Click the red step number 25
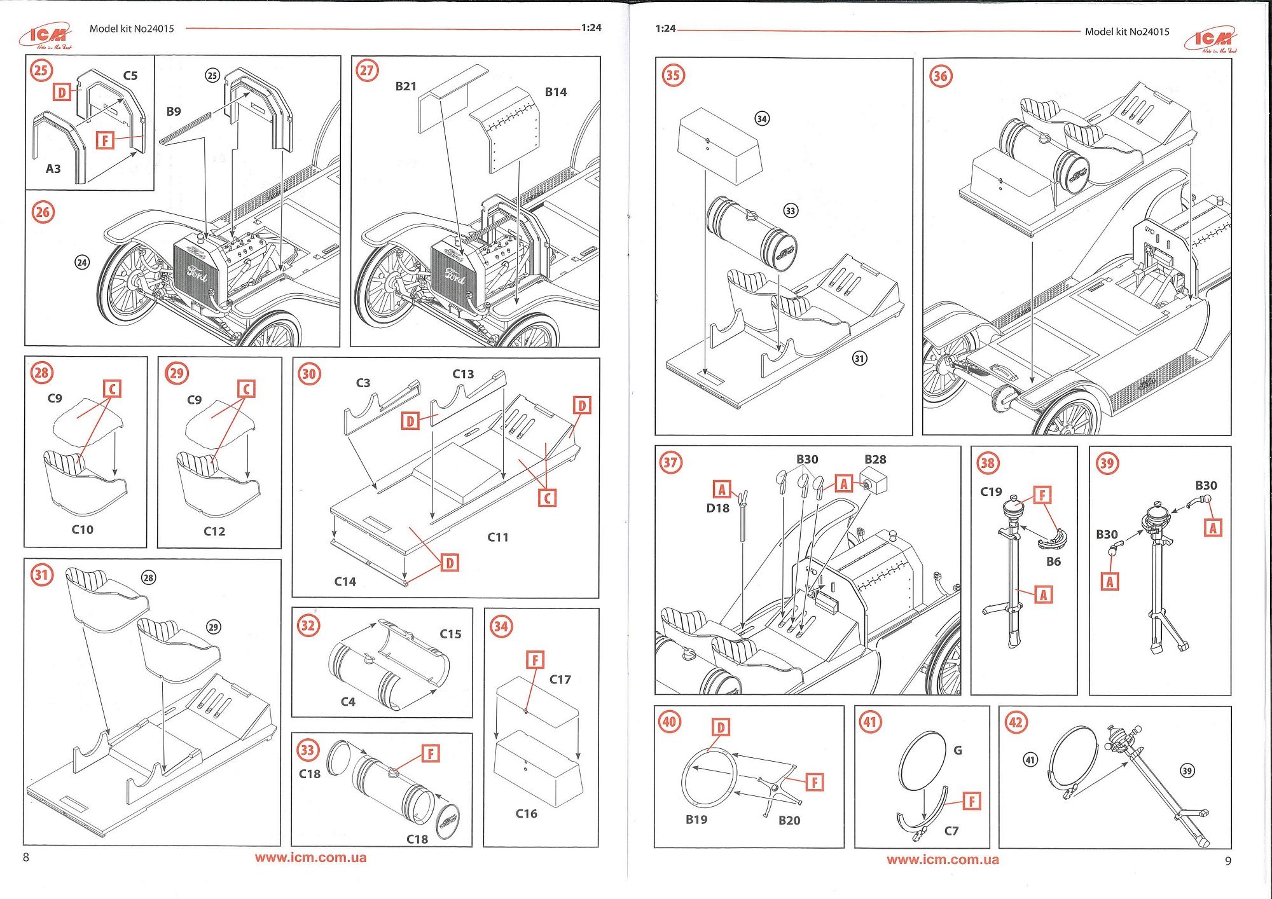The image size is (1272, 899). pyautogui.click(x=41, y=70)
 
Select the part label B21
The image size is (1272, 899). pyautogui.click(x=406, y=86)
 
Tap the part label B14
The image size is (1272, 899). pyautogui.click(x=556, y=92)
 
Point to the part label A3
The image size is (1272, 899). pyautogui.click(x=53, y=168)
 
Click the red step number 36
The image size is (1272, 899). pyautogui.click(x=940, y=76)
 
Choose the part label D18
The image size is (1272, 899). pyautogui.click(x=718, y=508)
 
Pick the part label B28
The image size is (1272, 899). pyautogui.click(x=875, y=459)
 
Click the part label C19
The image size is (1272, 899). pyautogui.click(x=991, y=491)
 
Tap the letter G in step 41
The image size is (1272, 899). pyautogui.click(x=958, y=750)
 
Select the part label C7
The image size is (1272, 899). pyautogui.click(x=951, y=830)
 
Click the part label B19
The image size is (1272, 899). pyautogui.click(x=696, y=820)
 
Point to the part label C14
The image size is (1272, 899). pyautogui.click(x=345, y=581)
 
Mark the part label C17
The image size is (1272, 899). pyautogui.click(x=560, y=679)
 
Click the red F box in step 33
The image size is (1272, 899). pyautogui.click(x=431, y=753)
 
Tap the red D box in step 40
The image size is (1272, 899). pyautogui.click(x=721, y=727)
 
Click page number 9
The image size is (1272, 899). pyautogui.click(x=1228, y=861)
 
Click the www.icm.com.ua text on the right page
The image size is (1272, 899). pyautogui.click(x=943, y=860)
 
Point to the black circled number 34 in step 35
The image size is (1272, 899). pyautogui.click(x=762, y=119)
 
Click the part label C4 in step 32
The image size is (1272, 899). pyautogui.click(x=348, y=701)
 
